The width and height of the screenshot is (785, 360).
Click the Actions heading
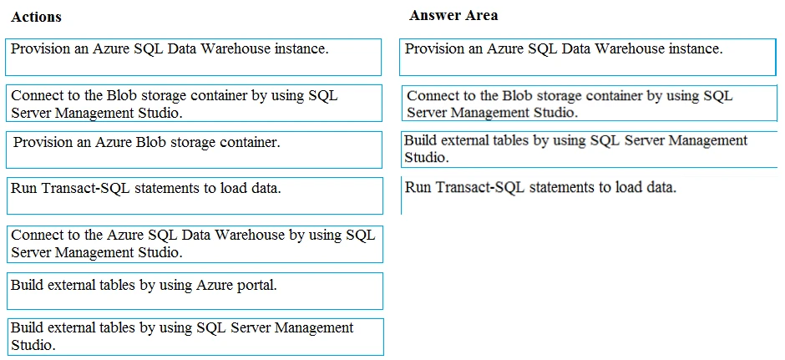37,17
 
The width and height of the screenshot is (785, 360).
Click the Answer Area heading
453,15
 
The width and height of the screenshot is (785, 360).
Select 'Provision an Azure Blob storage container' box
194,150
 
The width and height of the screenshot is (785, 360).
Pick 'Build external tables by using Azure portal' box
194,291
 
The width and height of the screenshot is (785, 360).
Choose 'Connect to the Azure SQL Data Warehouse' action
194,243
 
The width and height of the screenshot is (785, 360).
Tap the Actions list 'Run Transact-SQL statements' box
194,195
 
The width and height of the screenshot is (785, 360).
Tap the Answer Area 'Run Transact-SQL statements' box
588,195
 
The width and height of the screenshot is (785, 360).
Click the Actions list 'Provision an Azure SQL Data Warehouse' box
194,57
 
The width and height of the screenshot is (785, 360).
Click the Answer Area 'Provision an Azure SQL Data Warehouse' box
588,57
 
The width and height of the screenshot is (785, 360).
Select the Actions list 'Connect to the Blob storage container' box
194,104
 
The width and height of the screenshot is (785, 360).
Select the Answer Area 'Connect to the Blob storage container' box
588,104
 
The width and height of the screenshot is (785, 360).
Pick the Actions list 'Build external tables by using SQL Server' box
194,337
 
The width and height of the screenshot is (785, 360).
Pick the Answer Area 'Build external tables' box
588,150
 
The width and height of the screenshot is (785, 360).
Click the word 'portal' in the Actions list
256,286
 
